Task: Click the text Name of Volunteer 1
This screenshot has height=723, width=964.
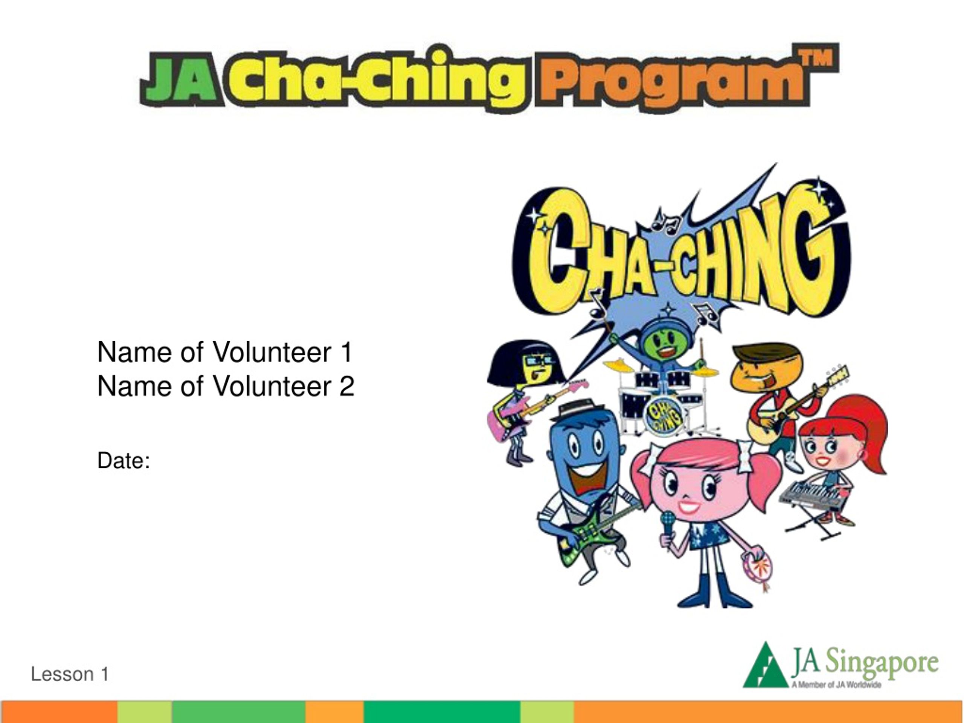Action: (x=225, y=352)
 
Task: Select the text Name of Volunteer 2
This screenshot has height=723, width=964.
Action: (x=226, y=387)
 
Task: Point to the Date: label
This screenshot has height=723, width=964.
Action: (x=124, y=461)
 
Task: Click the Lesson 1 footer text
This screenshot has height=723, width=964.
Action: (x=70, y=674)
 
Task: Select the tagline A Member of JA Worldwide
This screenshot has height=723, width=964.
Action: (x=836, y=685)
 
